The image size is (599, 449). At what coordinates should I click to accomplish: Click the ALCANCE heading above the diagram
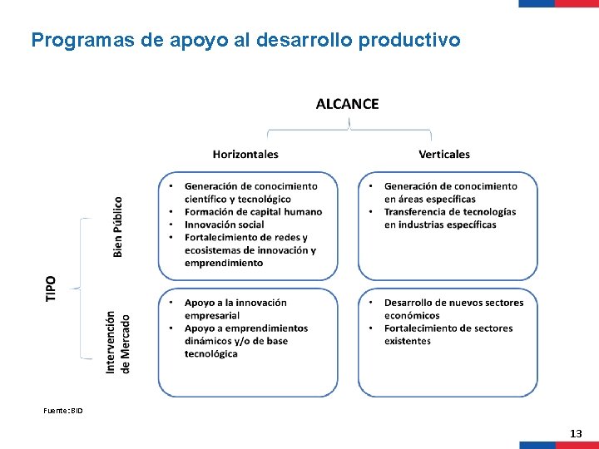pyautogui.click(x=347, y=104)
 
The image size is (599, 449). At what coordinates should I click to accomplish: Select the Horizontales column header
pyautogui.click(x=245, y=154)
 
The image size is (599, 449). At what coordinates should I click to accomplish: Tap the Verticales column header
pyautogui.click(x=444, y=154)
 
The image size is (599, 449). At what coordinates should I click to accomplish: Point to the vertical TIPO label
pyautogui.click(x=52, y=289)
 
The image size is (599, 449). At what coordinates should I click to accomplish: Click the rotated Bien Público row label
pyautogui.click(x=118, y=226)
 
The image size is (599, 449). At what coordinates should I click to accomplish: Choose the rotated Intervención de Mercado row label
pyautogui.click(x=118, y=342)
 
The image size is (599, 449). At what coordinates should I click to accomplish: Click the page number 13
pyautogui.click(x=576, y=434)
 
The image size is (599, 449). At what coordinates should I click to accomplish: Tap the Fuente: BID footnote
pyautogui.click(x=63, y=411)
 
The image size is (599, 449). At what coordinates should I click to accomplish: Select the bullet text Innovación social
pyautogui.click(x=225, y=224)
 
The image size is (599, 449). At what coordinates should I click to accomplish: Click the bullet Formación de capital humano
pyautogui.click(x=253, y=212)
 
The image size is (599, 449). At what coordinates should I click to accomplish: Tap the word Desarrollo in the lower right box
pyautogui.click(x=413, y=303)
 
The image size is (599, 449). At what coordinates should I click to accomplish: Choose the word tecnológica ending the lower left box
pyautogui.click(x=210, y=353)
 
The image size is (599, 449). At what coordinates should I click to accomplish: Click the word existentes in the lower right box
pyautogui.click(x=408, y=341)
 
